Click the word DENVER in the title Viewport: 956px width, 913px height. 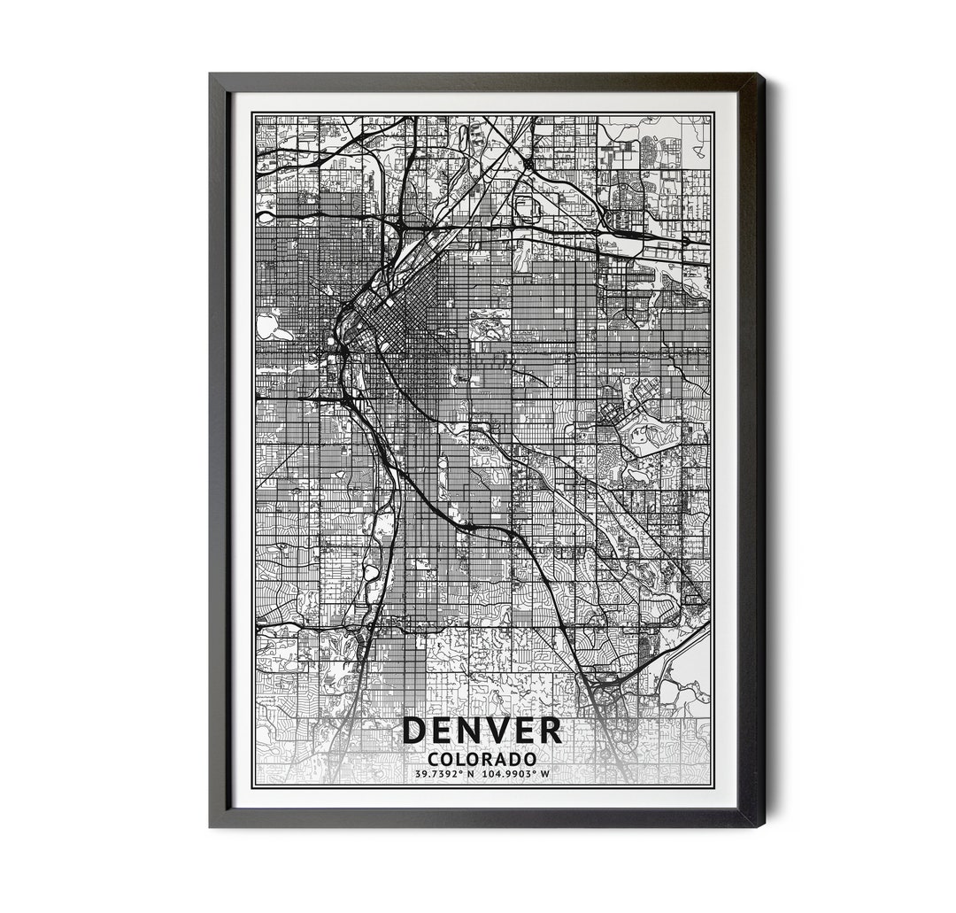(x=482, y=731)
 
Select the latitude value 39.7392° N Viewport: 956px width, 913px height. (x=445, y=774)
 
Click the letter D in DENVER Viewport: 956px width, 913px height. (x=414, y=731)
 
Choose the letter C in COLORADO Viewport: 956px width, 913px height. (x=433, y=759)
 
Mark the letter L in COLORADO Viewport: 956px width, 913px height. (x=459, y=759)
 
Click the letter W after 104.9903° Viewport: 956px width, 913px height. (x=545, y=774)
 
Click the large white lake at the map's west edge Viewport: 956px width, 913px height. (x=267, y=325)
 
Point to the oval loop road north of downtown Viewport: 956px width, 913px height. (x=524, y=207)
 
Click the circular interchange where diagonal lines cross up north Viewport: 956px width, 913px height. (x=528, y=164)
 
